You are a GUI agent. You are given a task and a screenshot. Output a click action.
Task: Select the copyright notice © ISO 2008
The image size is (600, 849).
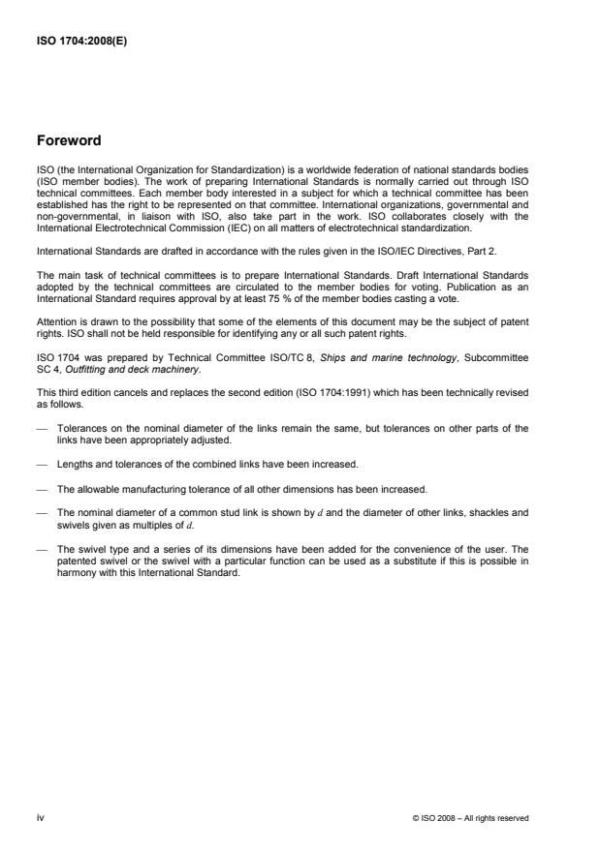coord(470,819)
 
